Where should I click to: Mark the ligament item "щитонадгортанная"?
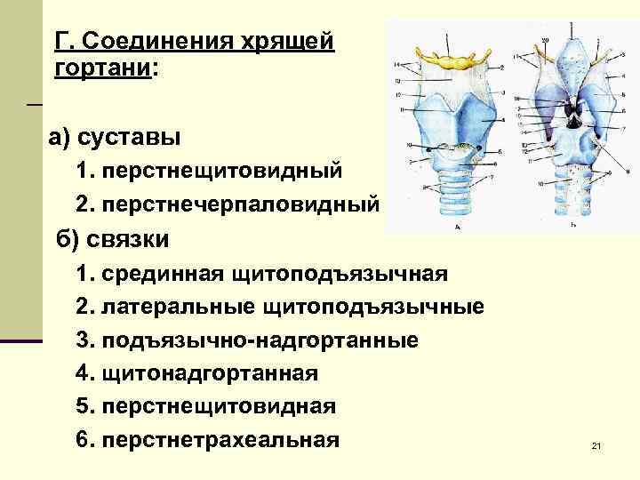[x=210, y=373]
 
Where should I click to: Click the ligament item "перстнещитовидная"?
[x=219, y=406]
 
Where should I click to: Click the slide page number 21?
[x=596, y=445]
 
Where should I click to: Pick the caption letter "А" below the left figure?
[x=457, y=228]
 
